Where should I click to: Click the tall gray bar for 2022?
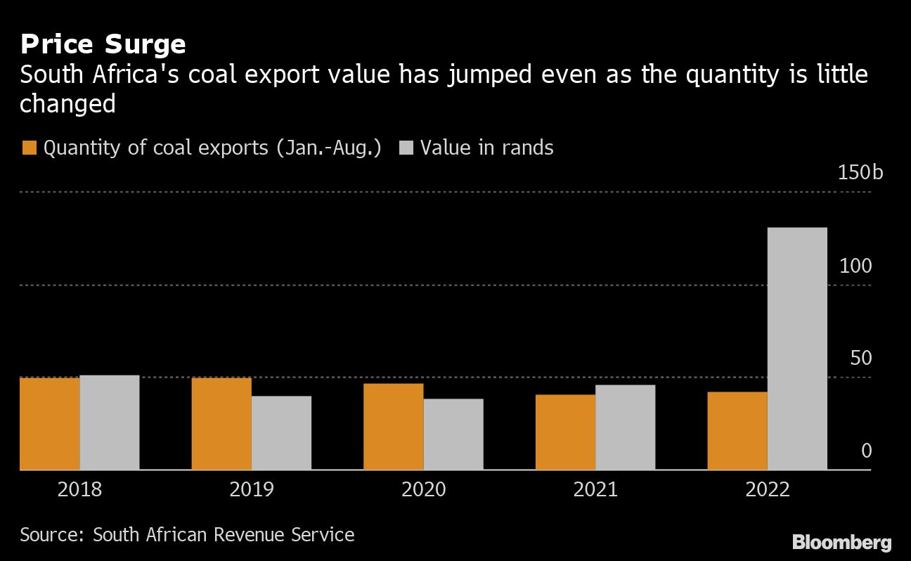point(797,348)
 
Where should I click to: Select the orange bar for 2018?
point(50,423)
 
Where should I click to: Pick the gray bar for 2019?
point(281,432)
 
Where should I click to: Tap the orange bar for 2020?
point(394,426)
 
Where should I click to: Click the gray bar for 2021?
point(625,427)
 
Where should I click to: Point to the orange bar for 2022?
point(737,430)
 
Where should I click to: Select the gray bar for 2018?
point(110,422)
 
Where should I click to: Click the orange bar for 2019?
point(221,423)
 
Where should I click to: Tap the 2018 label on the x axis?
point(79,489)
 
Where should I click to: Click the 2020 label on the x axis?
point(423,489)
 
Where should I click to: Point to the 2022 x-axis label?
point(768,489)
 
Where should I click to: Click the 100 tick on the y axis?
point(855,266)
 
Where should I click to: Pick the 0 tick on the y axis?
point(866,451)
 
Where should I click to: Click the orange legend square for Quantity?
point(29,148)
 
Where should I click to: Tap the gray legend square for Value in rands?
point(406,148)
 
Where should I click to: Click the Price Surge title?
point(103,44)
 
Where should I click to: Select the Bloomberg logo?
point(841,542)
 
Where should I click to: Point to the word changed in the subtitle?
point(67,103)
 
